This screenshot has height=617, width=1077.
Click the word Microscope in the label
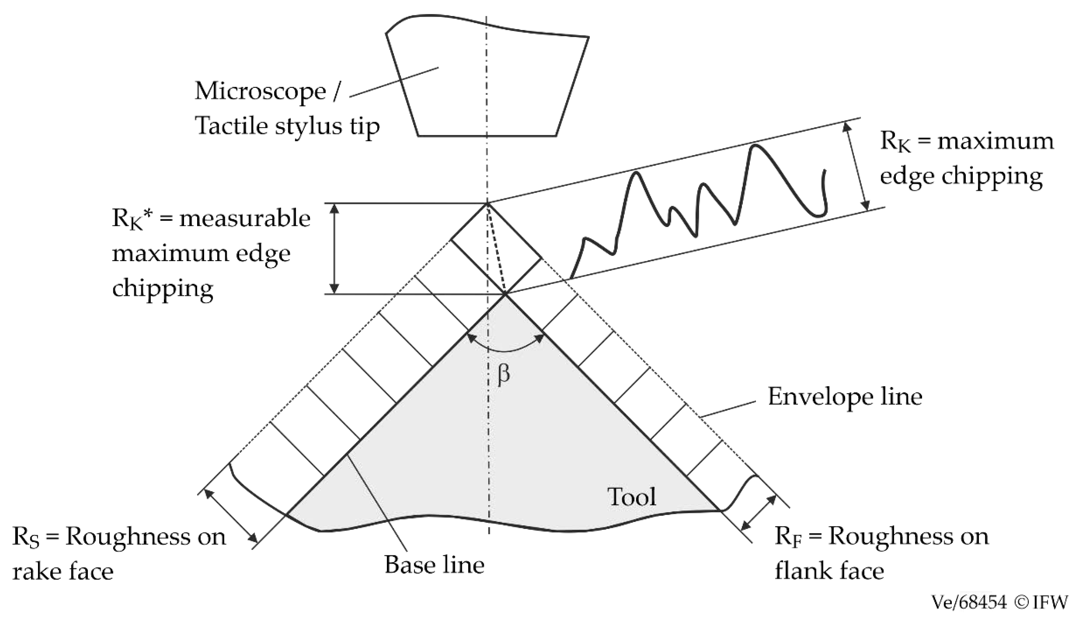[260, 91]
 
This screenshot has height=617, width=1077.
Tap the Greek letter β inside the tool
[503, 374]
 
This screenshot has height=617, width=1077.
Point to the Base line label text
[434, 565]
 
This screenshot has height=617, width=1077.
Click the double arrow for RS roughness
[231, 516]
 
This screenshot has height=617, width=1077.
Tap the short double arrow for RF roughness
[758, 513]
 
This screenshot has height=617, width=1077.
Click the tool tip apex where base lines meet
[505, 294]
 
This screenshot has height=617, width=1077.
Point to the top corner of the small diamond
[487, 204]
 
